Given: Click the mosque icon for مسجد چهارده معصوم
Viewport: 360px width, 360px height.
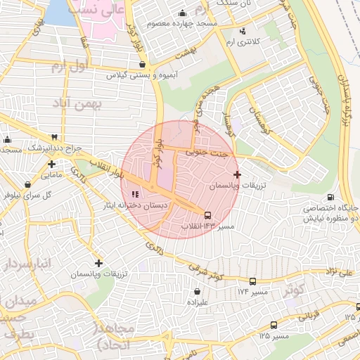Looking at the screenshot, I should pos(183,13).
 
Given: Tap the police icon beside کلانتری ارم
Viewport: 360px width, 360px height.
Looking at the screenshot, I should pos(243,31).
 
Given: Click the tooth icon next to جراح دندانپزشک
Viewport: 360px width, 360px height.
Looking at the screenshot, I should pos(54,138).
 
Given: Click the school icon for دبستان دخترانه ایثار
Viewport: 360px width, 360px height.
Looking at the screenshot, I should pos(135,194).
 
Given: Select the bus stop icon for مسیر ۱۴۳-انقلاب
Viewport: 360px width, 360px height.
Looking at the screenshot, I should pos(207,215).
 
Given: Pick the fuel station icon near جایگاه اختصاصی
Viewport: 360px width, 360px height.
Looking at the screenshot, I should pos(330,198).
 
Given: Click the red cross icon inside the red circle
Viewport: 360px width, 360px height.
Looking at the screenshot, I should pos(236,174).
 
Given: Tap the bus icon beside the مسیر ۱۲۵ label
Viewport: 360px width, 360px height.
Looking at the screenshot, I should pos(273,326).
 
